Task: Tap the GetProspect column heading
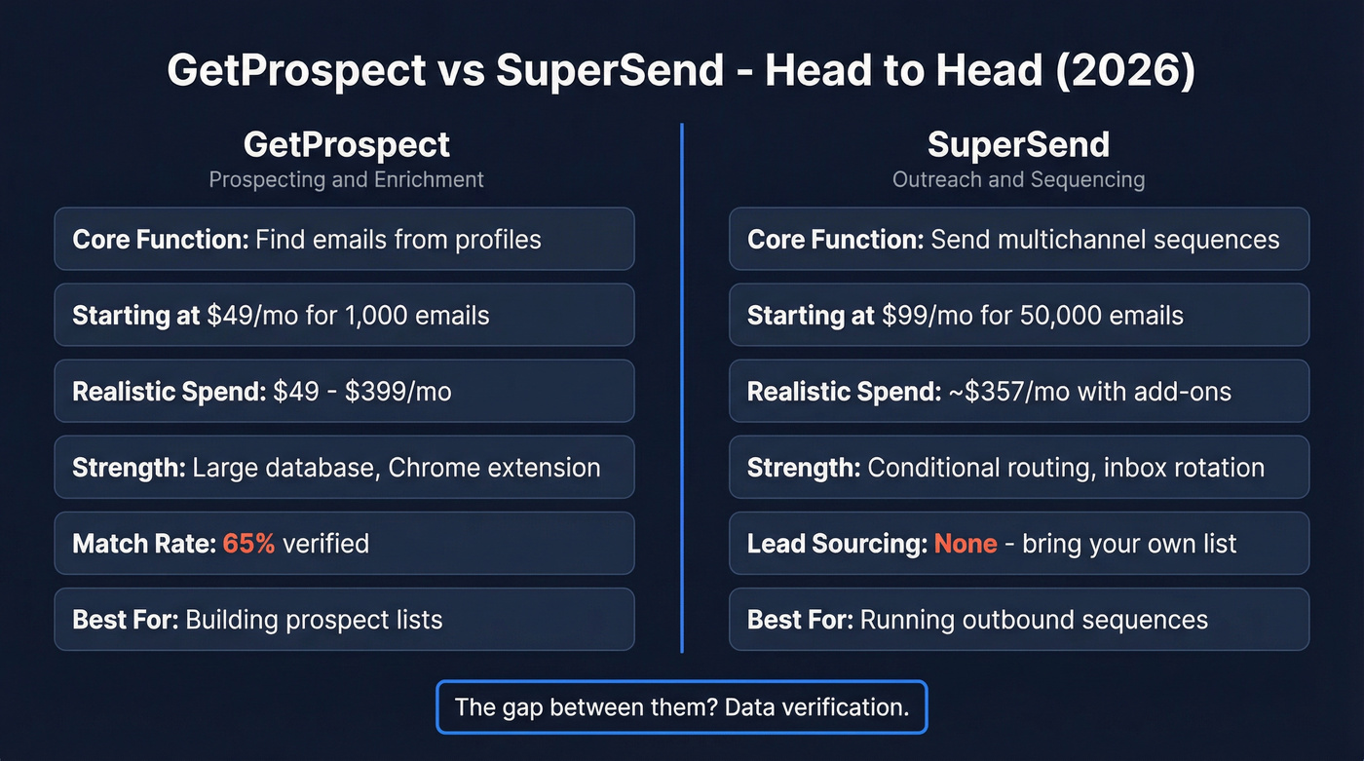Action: [x=346, y=145]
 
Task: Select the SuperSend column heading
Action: [x=1018, y=145]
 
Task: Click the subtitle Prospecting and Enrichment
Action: [x=346, y=179]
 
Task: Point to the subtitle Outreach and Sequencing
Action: [x=1018, y=179]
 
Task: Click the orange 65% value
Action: [x=249, y=543]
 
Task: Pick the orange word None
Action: [x=966, y=543]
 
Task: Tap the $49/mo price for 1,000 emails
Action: [x=250, y=315]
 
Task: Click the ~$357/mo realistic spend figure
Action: [x=994, y=392]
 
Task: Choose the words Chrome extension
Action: [x=494, y=468]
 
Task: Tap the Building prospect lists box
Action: [x=344, y=619]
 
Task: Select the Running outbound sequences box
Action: [x=1018, y=619]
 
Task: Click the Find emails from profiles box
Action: [x=344, y=239]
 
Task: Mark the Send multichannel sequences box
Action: [x=1018, y=239]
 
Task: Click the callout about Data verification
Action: [x=682, y=706]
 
